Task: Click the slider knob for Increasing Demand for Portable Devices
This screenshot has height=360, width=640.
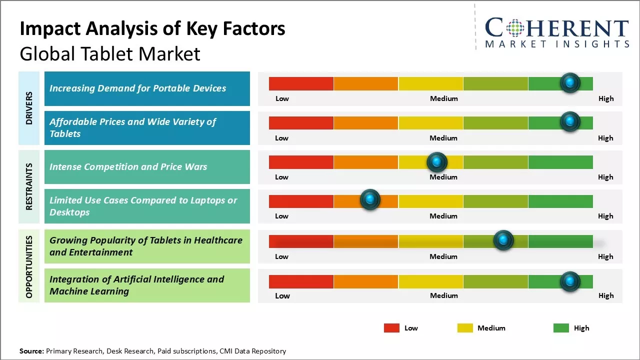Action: point(570,83)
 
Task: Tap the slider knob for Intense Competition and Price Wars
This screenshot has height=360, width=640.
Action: point(437,162)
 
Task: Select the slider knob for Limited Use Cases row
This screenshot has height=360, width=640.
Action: point(370,200)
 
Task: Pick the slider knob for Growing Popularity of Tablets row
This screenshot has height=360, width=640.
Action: point(503,240)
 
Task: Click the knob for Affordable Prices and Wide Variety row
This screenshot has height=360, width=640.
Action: point(570,121)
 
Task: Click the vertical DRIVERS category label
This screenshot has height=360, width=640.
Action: point(29,108)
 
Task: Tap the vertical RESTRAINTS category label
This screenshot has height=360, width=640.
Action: point(29,186)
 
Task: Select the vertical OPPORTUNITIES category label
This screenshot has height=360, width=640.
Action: point(29,267)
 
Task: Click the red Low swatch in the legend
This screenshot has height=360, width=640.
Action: point(391,328)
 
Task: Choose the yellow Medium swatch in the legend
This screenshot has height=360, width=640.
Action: point(465,328)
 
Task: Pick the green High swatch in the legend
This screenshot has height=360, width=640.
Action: point(561,328)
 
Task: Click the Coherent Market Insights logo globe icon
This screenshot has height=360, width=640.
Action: point(514,28)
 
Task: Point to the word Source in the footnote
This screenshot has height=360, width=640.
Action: point(31,351)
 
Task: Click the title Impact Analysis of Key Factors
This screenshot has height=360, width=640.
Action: point(152,29)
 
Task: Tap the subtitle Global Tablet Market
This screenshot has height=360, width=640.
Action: point(110,54)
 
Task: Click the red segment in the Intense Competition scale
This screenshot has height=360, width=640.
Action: point(301,162)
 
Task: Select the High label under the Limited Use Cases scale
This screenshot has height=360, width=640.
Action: point(605,216)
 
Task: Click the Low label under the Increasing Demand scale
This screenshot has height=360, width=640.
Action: point(282,98)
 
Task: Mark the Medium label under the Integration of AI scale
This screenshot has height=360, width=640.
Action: point(443,295)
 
